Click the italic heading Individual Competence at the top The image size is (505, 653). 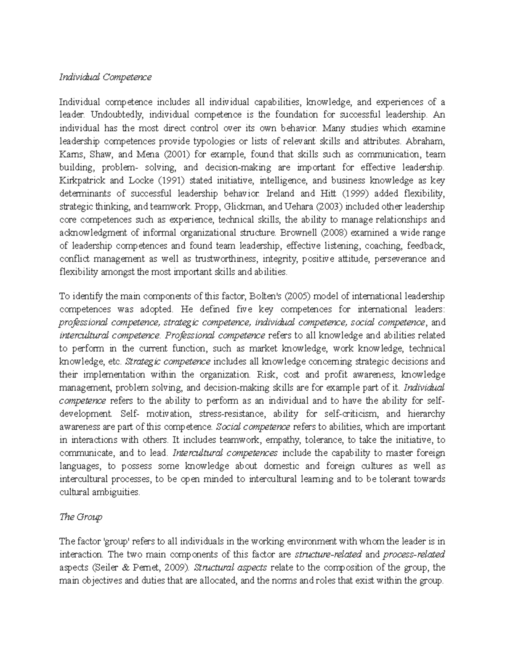click(x=105, y=77)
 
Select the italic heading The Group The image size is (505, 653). click(x=81, y=517)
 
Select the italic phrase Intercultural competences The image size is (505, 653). click(x=225, y=453)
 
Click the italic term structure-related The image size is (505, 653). click(x=322, y=554)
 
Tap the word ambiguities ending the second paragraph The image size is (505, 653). click(x=113, y=492)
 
